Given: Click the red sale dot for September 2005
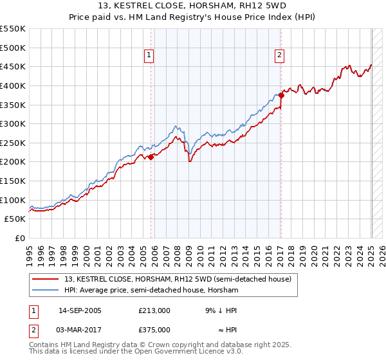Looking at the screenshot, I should click(x=151, y=156).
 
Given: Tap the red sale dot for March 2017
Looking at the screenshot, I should click(x=281, y=95).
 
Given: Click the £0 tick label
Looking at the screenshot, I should click(x=20, y=238).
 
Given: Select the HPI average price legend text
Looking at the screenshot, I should click(x=151, y=291).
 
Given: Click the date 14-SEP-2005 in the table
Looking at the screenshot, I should click(x=80, y=310).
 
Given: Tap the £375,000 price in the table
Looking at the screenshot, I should click(x=154, y=329).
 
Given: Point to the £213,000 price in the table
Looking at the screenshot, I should click(x=154, y=310).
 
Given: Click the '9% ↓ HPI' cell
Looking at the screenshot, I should click(x=221, y=310).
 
